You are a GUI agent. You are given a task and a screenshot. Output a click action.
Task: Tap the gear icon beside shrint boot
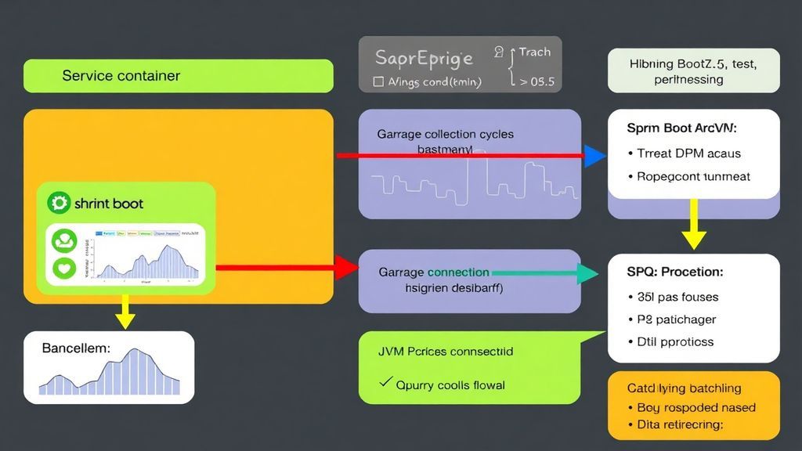(59, 204)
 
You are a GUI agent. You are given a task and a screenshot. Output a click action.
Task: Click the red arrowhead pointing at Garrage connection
(345, 268)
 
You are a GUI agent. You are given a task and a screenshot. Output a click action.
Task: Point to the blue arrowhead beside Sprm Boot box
(595, 156)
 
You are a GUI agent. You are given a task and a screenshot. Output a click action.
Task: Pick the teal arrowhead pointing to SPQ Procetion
(588, 273)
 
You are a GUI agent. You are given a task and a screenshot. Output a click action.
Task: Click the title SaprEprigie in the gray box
(424, 58)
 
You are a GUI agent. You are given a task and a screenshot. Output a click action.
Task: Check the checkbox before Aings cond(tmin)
(379, 81)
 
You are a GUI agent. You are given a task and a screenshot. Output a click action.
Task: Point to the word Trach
(534, 52)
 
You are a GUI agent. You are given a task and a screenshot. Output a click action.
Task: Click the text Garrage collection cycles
(445, 134)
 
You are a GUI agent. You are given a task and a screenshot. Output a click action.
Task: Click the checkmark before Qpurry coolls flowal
(385, 383)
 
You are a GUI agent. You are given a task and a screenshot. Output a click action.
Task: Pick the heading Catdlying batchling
(683, 388)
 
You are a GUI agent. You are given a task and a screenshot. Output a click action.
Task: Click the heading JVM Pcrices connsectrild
(445, 352)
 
